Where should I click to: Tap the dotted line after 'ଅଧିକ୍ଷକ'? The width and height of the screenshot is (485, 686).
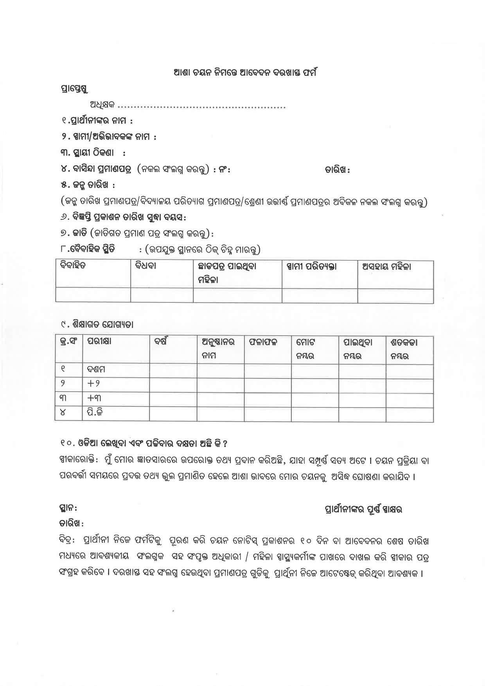(202, 106)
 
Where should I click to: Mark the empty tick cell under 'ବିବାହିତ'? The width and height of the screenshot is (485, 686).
(93, 295)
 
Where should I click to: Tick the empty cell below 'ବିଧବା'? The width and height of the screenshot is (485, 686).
(162, 295)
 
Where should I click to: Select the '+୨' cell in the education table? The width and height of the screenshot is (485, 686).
(94, 384)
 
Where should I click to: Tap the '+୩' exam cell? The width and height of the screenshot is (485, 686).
(94, 398)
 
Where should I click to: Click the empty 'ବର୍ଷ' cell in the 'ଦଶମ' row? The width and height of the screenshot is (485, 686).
(173, 370)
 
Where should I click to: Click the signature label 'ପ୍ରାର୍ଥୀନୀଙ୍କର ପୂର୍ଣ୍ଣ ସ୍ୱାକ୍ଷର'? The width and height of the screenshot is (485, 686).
(364, 509)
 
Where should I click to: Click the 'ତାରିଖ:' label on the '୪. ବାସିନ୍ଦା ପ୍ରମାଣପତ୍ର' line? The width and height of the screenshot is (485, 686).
(337, 170)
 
